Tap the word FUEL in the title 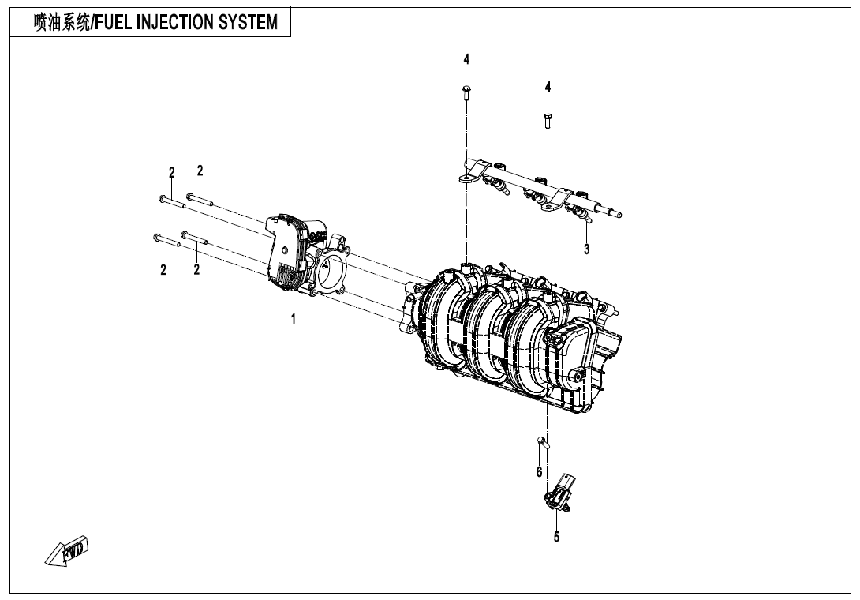click(x=114, y=23)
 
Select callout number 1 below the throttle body click(x=294, y=320)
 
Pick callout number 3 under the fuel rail click(x=586, y=249)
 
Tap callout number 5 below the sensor click(x=556, y=537)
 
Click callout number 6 click(x=540, y=472)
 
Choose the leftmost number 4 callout click(x=466, y=60)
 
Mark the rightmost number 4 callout click(x=548, y=87)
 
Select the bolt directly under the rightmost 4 click(x=548, y=119)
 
